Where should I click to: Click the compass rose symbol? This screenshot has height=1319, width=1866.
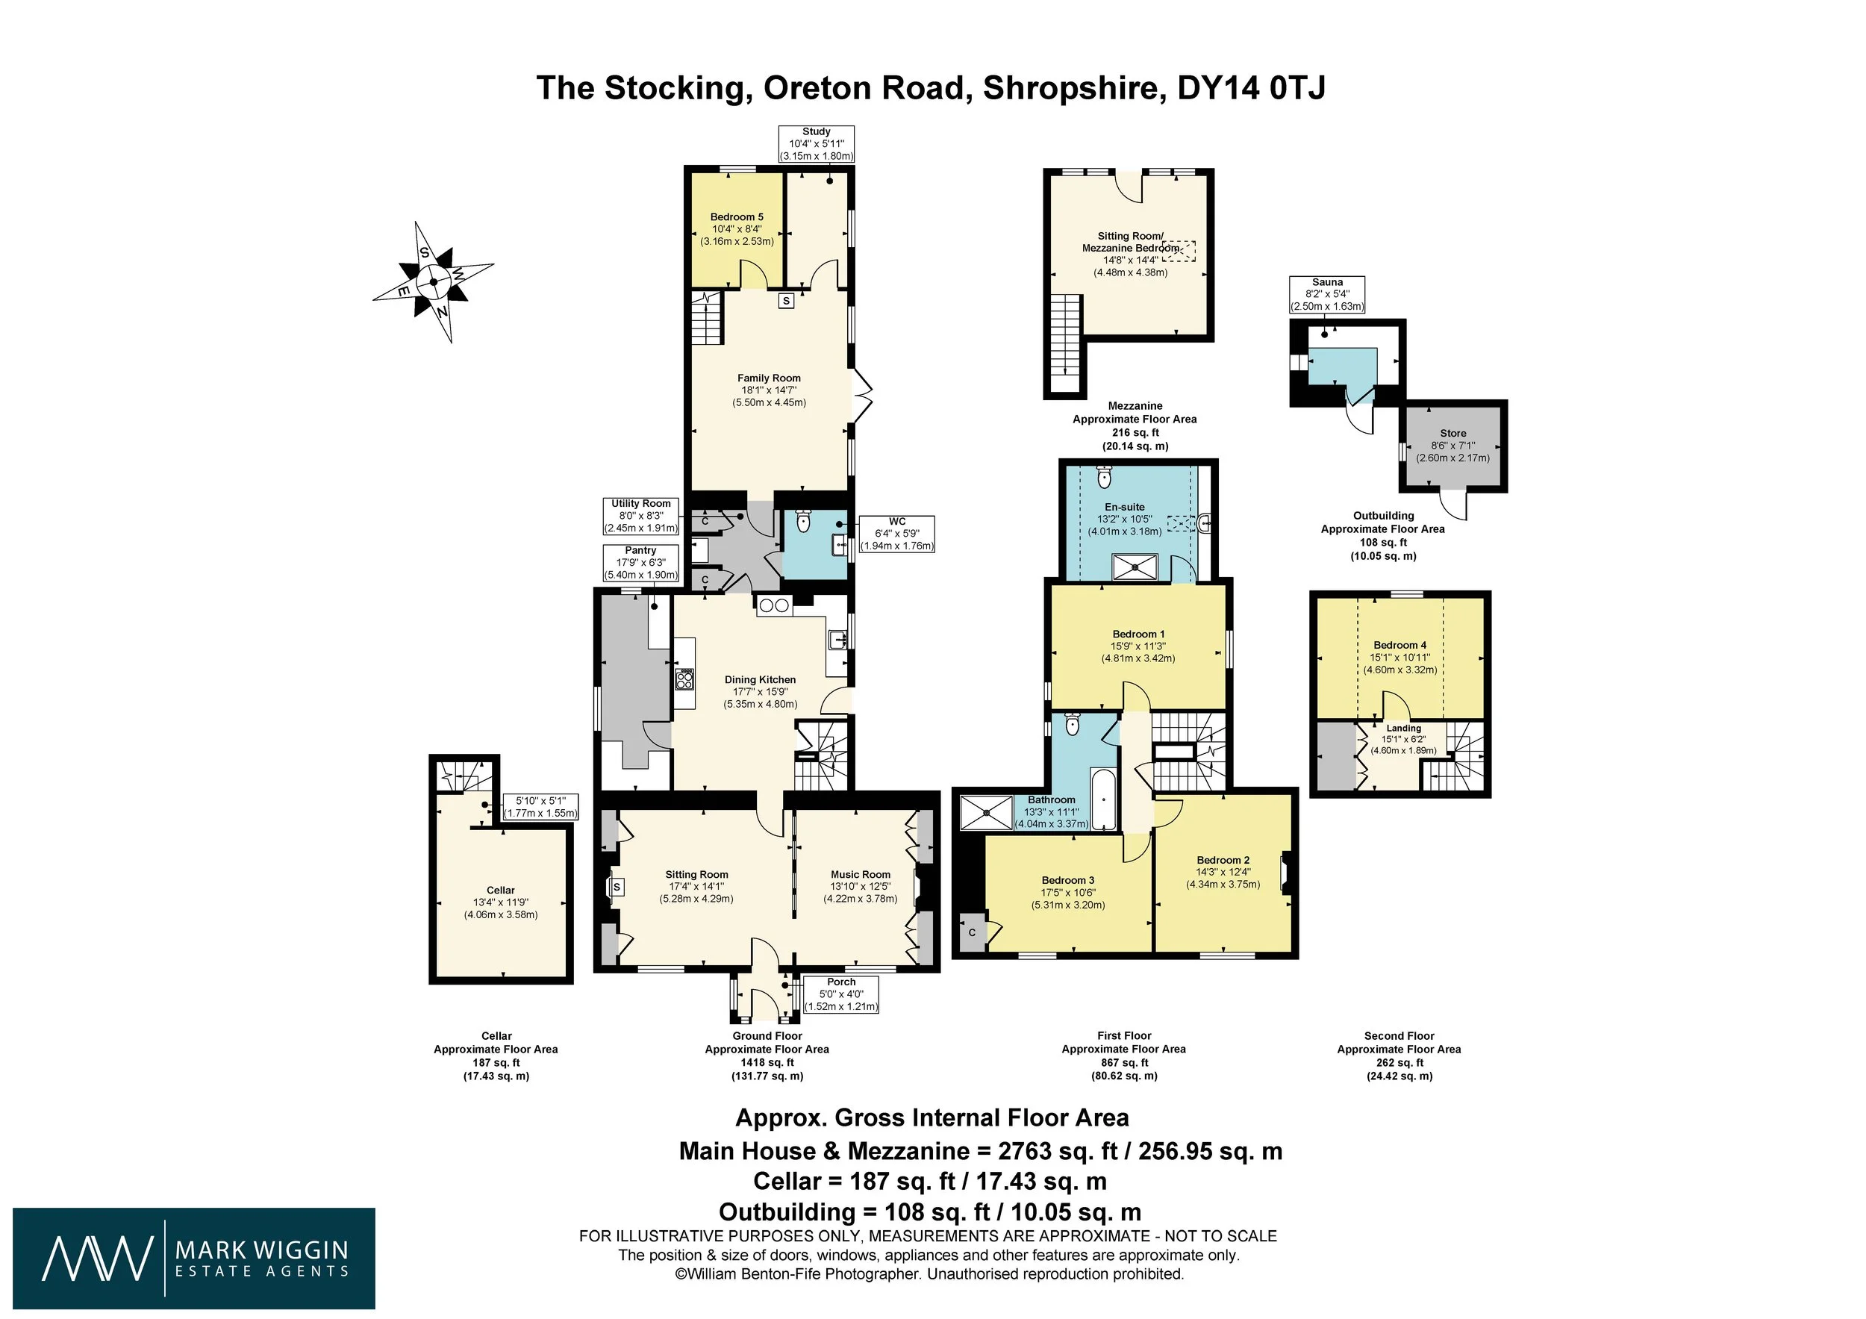[433, 282]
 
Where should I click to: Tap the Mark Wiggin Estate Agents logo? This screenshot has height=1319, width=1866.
[194, 1258]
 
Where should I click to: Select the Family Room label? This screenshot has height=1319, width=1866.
[769, 378]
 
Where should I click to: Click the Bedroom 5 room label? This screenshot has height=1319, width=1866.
[736, 217]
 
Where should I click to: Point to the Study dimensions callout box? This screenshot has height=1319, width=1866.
[816, 144]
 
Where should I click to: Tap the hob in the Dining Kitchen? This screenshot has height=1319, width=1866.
[684, 678]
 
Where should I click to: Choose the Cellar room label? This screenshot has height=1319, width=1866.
[501, 890]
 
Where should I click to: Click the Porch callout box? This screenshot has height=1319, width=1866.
[841, 994]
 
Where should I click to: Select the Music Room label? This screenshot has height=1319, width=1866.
[861, 874]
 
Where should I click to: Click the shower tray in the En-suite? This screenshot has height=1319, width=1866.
[1135, 567]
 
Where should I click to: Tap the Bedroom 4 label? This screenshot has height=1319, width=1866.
[1400, 645]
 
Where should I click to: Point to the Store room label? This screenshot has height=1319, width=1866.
[1453, 433]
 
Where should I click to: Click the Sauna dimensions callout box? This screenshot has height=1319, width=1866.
[1327, 294]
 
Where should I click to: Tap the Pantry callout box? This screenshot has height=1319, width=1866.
[640, 562]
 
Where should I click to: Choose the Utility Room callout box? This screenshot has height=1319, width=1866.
[640, 515]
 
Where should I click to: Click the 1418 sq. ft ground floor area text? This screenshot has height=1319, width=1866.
[767, 1062]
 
